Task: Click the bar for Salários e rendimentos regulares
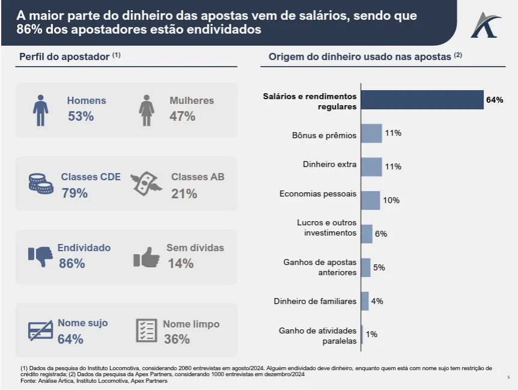422,100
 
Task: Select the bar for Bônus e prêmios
372,133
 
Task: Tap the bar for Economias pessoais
371,200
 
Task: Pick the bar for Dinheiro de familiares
365,301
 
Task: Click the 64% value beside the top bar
495,100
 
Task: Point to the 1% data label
371,334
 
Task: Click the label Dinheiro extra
329,164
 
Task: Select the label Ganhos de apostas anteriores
320,267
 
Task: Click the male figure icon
40,110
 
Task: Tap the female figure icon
146,110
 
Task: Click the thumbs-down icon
41,256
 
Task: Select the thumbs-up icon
147,257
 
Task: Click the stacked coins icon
41,184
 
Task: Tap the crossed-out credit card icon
41,330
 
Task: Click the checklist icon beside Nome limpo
147,331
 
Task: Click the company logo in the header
486,25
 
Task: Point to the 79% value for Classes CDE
75,193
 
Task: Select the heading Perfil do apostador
65,56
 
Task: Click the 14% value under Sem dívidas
180,263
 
